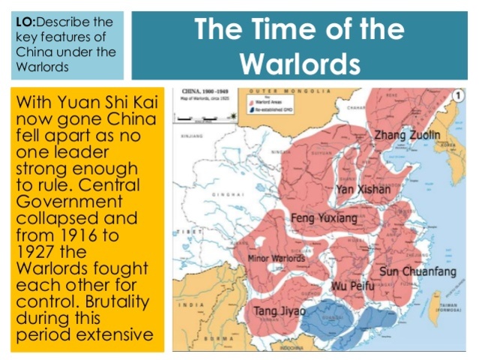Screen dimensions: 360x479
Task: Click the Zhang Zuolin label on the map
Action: click(x=408, y=135)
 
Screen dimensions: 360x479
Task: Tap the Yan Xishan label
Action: click(x=364, y=189)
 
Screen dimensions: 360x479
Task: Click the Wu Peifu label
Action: click(x=352, y=286)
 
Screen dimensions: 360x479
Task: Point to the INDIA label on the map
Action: click(x=190, y=305)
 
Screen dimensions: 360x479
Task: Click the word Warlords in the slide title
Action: click(x=300, y=62)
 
